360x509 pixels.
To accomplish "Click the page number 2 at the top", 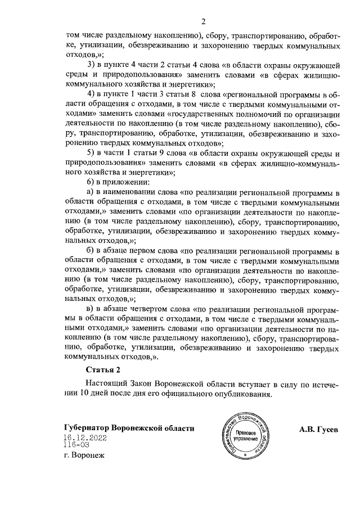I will [x=204, y=21].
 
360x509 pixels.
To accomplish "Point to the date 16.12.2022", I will [x=85, y=436].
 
